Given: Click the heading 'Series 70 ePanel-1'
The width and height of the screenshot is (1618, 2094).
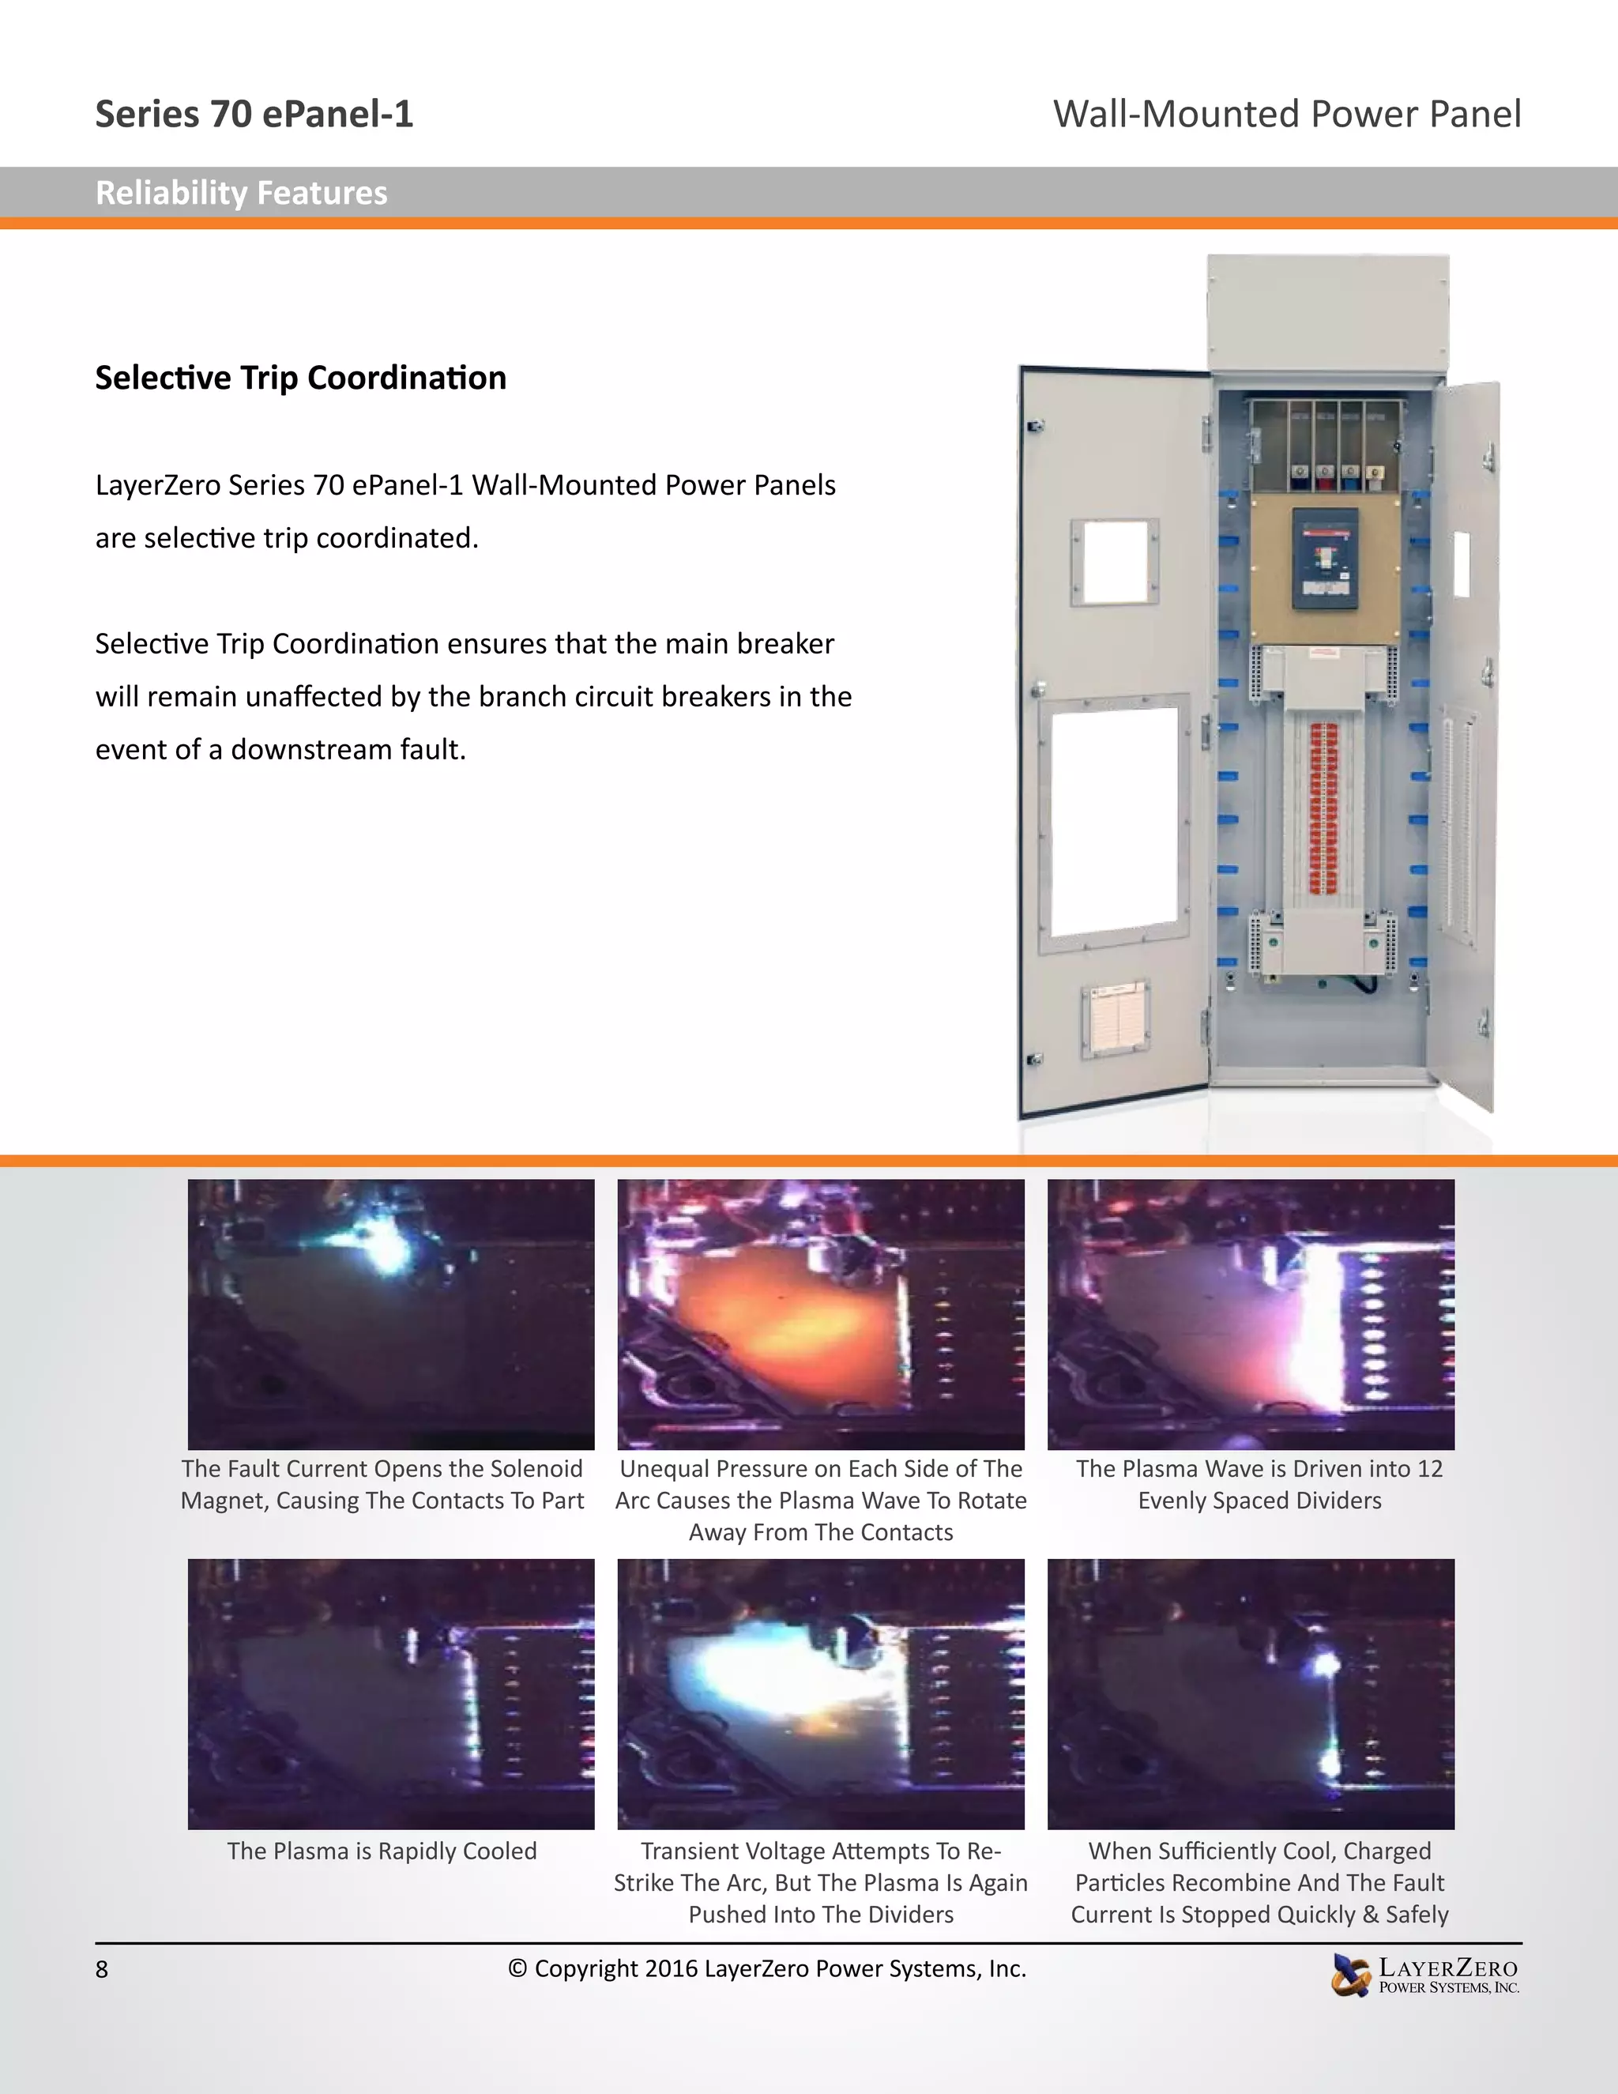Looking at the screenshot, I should pyautogui.click(x=254, y=114).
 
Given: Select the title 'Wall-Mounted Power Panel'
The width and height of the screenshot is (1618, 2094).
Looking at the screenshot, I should pyautogui.click(x=1286, y=114).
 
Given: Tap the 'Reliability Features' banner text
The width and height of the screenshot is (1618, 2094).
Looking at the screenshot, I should pyautogui.click(x=242, y=194).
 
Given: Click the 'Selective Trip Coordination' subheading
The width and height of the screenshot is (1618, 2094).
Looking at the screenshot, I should pyautogui.click(x=301, y=378).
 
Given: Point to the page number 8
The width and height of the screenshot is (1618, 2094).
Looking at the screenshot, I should pyautogui.click(x=102, y=1969).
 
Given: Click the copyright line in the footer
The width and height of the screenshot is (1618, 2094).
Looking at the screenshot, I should pyautogui.click(x=767, y=1968).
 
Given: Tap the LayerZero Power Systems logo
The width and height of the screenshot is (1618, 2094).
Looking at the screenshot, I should pyautogui.click(x=1424, y=1975).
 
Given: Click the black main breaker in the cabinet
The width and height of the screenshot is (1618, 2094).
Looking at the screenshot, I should pyautogui.click(x=1325, y=559).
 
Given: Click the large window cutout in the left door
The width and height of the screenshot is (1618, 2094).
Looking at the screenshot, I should pyautogui.click(x=1114, y=821).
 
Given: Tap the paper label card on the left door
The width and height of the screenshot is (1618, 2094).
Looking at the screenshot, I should pyautogui.click(x=1116, y=1019).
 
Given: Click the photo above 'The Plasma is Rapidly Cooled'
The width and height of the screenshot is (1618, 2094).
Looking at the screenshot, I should pyautogui.click(x=391, y=1694).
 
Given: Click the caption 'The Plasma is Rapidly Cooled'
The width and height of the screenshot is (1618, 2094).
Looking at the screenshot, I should pyautogui.click(x=382, y=1851).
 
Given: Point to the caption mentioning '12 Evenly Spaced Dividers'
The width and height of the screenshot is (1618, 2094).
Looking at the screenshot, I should pyautogui.click(x=1259, y=1484).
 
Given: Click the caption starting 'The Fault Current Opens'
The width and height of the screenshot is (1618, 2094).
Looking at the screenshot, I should pyautogui.click(x=382, y=1484).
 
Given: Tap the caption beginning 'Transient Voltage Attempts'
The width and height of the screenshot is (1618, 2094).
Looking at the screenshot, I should pyautogui.click(x=821, y=1882).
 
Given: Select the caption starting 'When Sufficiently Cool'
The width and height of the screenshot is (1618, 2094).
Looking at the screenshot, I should pyautogui.click(x=1259, y=1882).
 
